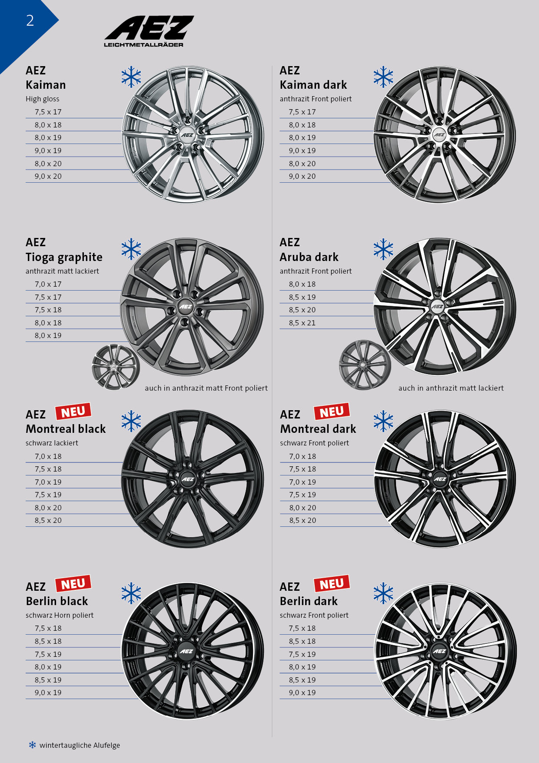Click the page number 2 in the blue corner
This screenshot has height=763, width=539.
tap(30, 20)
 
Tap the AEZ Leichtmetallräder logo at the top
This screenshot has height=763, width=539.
tap(149, 31)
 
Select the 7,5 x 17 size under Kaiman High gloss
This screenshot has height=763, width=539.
tap(48, 112)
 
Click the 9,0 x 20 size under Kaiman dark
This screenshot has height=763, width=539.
tap(303, 176)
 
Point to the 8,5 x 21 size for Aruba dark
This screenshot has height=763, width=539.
tap(303, 323)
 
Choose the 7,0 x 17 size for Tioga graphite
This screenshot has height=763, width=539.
tap(48, 284)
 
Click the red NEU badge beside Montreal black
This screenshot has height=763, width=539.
tap(73, 411)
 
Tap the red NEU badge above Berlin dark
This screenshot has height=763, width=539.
tap(332, 583)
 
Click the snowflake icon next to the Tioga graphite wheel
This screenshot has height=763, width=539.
tap(131, 249)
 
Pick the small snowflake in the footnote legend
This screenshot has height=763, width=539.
tap(33, 745)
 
